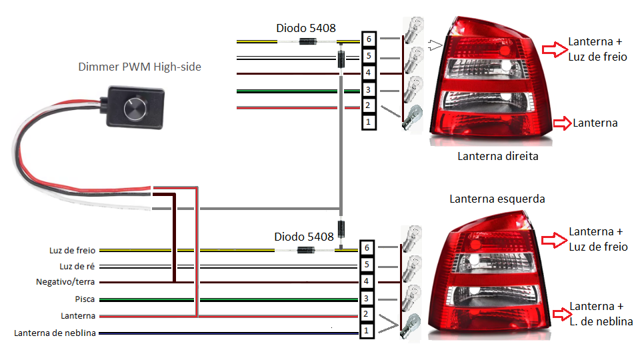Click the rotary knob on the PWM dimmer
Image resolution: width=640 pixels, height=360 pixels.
135,108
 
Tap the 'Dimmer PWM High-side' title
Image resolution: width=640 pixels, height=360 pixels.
139,67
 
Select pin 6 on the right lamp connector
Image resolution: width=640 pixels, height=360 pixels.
369,39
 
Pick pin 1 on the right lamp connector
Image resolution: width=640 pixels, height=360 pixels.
369,121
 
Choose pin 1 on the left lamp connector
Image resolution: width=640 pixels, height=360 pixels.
367,331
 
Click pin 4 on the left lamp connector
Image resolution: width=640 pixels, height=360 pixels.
367,281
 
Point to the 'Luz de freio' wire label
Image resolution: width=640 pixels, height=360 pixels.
72,250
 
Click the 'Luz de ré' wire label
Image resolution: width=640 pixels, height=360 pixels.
77,267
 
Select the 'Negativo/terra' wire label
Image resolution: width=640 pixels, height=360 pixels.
65,282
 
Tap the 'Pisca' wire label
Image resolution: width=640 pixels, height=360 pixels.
85,299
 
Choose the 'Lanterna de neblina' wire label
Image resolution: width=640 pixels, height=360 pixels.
55,333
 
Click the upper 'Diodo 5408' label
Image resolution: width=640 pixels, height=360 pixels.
306,28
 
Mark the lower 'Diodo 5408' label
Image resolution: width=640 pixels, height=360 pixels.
304,237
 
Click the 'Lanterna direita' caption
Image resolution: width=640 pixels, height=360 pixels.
498,156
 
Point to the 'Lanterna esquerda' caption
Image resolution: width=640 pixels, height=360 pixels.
497,199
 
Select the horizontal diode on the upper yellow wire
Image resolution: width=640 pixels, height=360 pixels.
308,41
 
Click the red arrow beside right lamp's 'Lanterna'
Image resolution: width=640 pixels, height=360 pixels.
563,123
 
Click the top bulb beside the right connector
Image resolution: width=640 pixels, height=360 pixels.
414,30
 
